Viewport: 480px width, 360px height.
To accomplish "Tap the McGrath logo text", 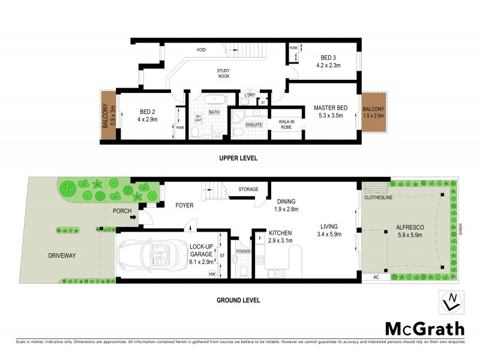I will (424, 328).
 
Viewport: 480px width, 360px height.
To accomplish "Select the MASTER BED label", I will (328, 108).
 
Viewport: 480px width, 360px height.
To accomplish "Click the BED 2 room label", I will (148, 112).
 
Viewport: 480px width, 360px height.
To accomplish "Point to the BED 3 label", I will (328, 58).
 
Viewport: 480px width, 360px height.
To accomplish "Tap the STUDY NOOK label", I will (223, 74).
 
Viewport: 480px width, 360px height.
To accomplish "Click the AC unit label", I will (376, 277).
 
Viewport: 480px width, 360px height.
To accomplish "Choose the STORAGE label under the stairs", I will (248, 190).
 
